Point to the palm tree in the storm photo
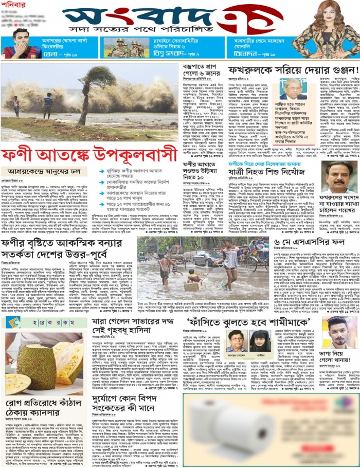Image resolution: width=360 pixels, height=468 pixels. tap(95, 90)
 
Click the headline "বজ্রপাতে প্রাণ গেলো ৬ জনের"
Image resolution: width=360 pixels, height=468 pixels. tap(202, 70)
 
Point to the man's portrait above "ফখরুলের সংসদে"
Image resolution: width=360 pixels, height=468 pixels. tap(339, 177)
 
